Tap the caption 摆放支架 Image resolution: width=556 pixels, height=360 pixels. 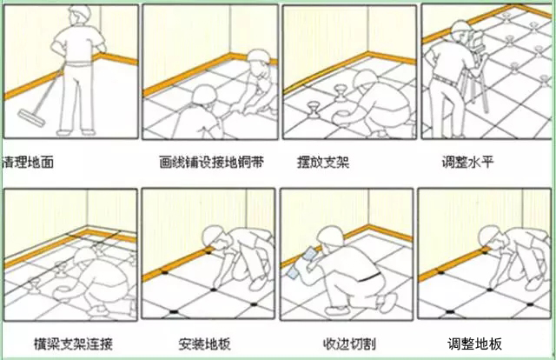323,162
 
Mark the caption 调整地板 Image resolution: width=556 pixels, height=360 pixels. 474,343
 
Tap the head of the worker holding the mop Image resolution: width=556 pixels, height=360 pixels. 73,17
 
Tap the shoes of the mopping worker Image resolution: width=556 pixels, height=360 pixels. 74,131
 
